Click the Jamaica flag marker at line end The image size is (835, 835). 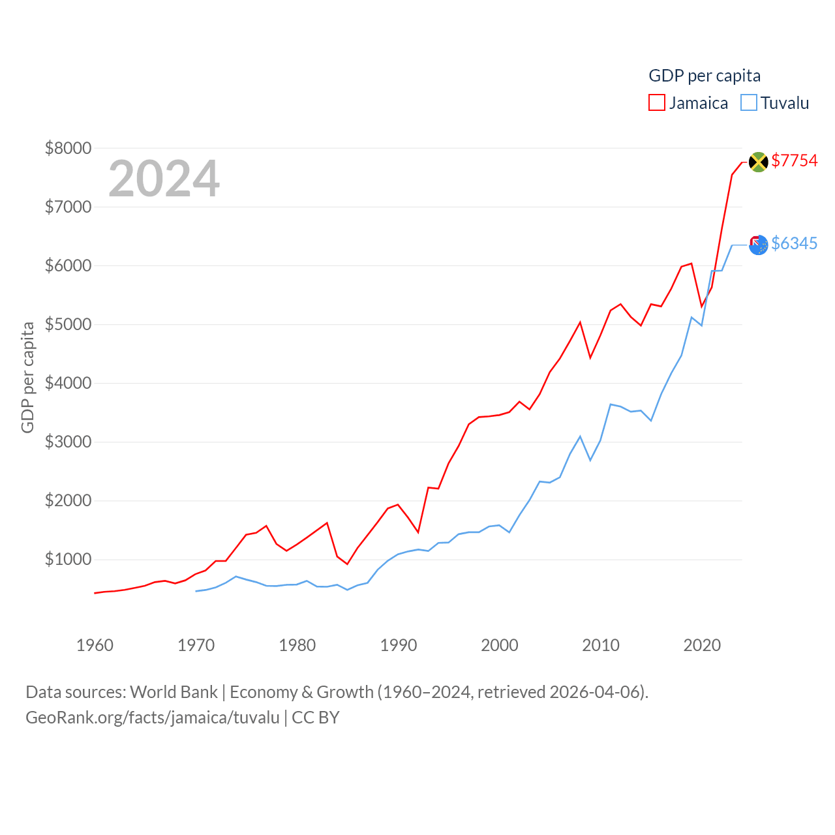click(x=758, y=161)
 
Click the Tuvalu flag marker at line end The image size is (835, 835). click(x=758, y=245)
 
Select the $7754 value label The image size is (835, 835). click(x=794, y=160)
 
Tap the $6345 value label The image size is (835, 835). click(x=794, y=243)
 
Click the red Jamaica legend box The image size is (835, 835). click(x=656, y=103)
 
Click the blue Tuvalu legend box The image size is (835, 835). click(x=749, y=103)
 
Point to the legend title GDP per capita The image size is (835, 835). click(x=705, y=76)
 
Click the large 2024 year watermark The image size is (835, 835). click(x=164, y=179)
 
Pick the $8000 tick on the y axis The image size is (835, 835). click(x=68, y=148)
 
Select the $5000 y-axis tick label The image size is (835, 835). click(x=68, y=324)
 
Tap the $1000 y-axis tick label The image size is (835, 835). click(x=68, y=559)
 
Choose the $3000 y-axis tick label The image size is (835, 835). click(x=68, y=442)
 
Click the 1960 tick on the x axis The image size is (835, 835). click(x=95, y=645)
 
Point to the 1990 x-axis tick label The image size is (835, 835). click(x=399, y=645)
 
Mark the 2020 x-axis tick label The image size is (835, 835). click(x=702, y=645)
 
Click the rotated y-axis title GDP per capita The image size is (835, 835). click(x=27, y=377)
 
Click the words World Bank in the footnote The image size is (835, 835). click(x=174, y=691)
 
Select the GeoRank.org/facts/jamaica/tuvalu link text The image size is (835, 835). click(x=153, y=718)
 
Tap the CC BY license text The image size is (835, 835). click(x=316, y=718)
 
